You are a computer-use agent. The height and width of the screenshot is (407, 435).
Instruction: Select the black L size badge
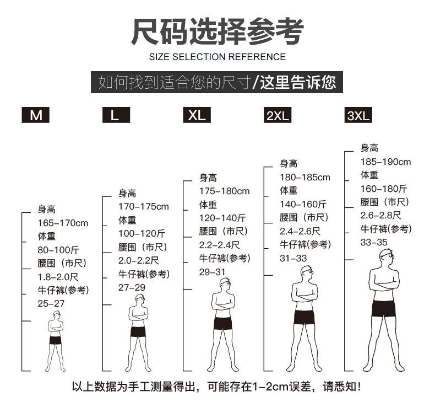(116, 115)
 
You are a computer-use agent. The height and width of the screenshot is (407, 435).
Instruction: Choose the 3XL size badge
(358, 116)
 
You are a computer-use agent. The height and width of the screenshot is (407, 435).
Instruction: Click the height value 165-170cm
(63, 223)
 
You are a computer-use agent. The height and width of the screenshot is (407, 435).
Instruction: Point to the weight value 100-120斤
(143, 233)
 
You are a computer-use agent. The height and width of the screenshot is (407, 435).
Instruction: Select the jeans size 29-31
(213, 272)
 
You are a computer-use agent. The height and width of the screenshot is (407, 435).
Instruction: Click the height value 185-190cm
(385, 162)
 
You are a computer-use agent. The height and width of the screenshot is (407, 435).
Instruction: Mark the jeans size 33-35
(374, 242)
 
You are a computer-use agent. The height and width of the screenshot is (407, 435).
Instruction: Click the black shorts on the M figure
(55, 340)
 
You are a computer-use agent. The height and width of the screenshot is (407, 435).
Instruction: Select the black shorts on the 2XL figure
(303, 317)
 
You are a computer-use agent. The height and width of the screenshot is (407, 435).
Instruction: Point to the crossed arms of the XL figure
(223, 303)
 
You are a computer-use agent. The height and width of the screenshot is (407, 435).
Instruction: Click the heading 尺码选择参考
(217, 31)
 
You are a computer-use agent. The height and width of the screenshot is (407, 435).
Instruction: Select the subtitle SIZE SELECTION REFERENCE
(217, 57)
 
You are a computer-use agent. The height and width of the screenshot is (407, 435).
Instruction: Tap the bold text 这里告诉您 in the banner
(298, 82)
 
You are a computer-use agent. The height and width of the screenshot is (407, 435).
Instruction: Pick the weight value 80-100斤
(58, 250)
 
